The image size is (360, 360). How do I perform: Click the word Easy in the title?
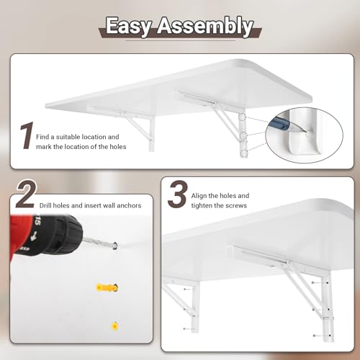click(x=129, y=27)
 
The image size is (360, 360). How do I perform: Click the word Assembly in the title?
click(x=205, y=27)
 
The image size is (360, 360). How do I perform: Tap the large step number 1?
click(x=26, y=135)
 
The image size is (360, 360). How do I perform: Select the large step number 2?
click(x=27, y=194)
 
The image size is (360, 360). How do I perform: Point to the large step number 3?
click(x=178, y=194)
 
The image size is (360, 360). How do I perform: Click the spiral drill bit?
click(x=99, y=243)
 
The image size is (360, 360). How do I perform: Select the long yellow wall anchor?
click(x=107, y=287)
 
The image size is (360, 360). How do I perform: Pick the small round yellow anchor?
click(x=115, y=326)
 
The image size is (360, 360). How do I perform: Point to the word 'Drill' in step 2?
click(x=45, y=205)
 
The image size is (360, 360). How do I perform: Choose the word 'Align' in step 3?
click(x=199, y=196)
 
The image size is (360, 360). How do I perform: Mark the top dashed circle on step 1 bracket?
click(x=242, y=117)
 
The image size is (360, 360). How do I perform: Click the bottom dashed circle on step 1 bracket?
click(x=243, y=153)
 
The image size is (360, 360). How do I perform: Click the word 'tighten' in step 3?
click(x=202, y=206)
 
